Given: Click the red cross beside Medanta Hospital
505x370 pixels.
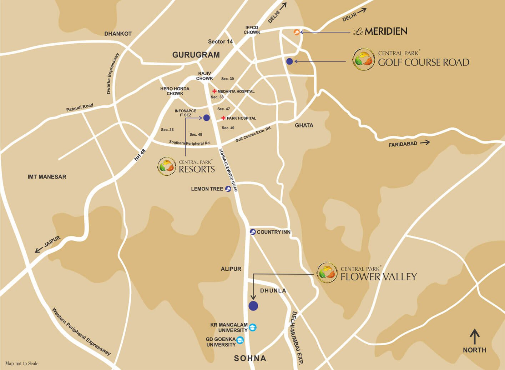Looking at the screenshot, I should (214, 91).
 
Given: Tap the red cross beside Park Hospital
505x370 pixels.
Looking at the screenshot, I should (223, 118).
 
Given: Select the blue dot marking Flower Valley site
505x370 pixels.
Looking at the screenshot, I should (253, 306).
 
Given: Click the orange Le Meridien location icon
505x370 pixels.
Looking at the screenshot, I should (296, 32).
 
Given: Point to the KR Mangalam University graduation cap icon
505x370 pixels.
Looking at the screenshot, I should (253, 327).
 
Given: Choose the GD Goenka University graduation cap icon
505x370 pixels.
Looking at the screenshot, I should (240, 340).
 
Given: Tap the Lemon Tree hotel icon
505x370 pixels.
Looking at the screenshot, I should (228, 189).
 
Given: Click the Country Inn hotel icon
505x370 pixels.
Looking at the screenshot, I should (253, 232).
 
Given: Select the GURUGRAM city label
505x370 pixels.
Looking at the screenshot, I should (196, 55).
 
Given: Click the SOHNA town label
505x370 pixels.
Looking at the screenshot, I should (250, 358).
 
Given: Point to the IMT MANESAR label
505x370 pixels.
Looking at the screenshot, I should (47, 177).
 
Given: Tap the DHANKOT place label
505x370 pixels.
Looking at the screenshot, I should (118, 34).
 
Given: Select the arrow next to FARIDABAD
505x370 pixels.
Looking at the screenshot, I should (425, 142).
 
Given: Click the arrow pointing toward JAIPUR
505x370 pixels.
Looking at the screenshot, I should (39, 250).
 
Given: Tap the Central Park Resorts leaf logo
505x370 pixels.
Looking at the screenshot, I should (167, 166).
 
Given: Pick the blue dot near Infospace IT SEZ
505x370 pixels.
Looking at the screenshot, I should (206, 118).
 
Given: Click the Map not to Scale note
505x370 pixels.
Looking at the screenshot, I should (22, 364).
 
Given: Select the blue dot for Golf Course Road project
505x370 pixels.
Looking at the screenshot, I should (289, 61).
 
